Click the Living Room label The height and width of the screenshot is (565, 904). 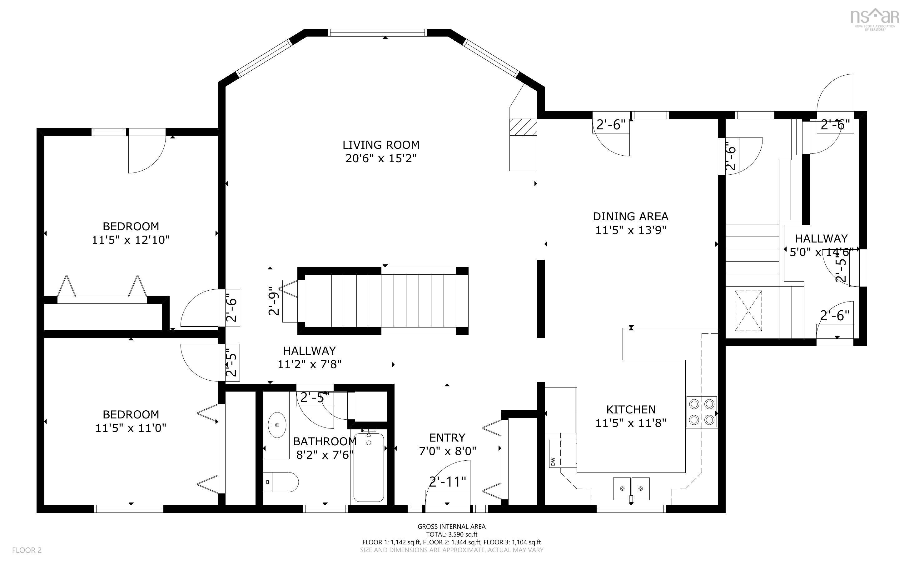click(x=381, y=145)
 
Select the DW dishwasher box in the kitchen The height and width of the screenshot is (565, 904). click(x=553, y=462)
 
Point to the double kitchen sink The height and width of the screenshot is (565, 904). click(x=631, y=488)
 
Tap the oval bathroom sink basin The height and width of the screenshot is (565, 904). click(x=276, y=425)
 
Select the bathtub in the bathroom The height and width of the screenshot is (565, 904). click(x=369, y=467)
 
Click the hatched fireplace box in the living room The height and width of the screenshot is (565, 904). click(x=524, y=127)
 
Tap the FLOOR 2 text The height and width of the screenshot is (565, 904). click(x=27, y=550)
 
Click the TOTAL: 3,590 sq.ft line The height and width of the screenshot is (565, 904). click(x=451, y=534)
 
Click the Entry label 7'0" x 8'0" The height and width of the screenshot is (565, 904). click(x=447, y=451)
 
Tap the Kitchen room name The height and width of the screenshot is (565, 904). click(x=631, y=410)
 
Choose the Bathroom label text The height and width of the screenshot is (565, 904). click(x=325, y=442)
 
